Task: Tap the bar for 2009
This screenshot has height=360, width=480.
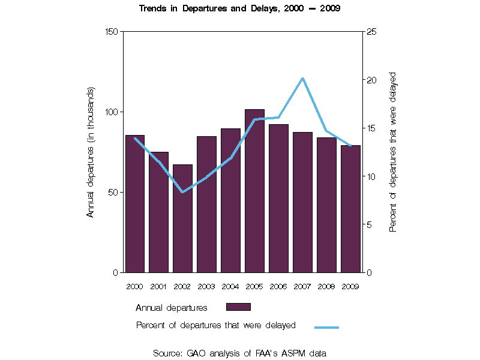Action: pyautogui.click(x=350, y=209)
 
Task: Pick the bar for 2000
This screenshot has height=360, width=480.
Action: pyautogui.click(x=135, y=204)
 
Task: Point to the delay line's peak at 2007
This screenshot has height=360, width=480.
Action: pyautogui.click(x=302, y=79)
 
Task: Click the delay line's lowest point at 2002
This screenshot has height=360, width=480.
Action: pyautogui.click(x=182, y=192)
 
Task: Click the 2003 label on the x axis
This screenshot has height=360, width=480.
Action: pyautogui.click(x=206, y=286)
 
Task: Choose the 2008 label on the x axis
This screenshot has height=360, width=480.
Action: pyautogui.click(x=326, y=286)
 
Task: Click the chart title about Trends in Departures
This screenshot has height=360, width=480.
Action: pyautogui.click(x=240, y=9)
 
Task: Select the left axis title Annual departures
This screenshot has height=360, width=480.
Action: pyautogui.click(x=91, y=152)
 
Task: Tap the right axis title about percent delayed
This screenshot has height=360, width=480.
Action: pyautogui.click(x=393, y=152)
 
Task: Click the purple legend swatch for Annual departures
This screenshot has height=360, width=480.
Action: pyautogui.click(x=238, y=307)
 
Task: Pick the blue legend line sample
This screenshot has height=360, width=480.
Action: pyautogui.click(x=326, y=327)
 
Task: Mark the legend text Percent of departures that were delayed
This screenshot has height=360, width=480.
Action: pyautogui.click(x=216, y=325)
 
